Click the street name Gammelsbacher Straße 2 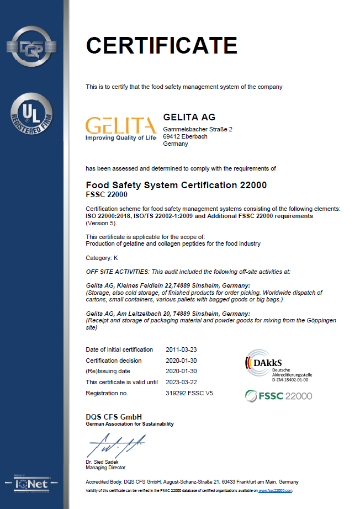(x=198, y=129)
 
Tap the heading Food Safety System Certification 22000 (x=177, y=185)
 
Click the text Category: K (x=102, y=258)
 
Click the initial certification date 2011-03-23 (x=181, y=349)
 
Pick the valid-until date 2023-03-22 (x=181, y=382)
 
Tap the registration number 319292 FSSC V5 (x=189, y=393)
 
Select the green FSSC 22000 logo (x=279, y=395)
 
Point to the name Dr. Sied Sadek (x=103, y=462)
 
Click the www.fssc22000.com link (x=276, y=490)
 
